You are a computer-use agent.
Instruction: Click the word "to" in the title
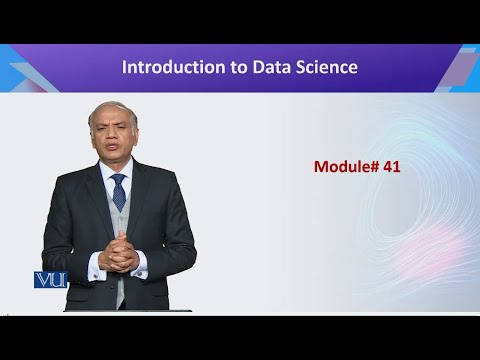(222, 68)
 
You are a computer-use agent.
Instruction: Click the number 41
(391, 167)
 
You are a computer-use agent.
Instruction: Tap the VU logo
(50, 280)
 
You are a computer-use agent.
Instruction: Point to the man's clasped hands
(119, 254)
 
